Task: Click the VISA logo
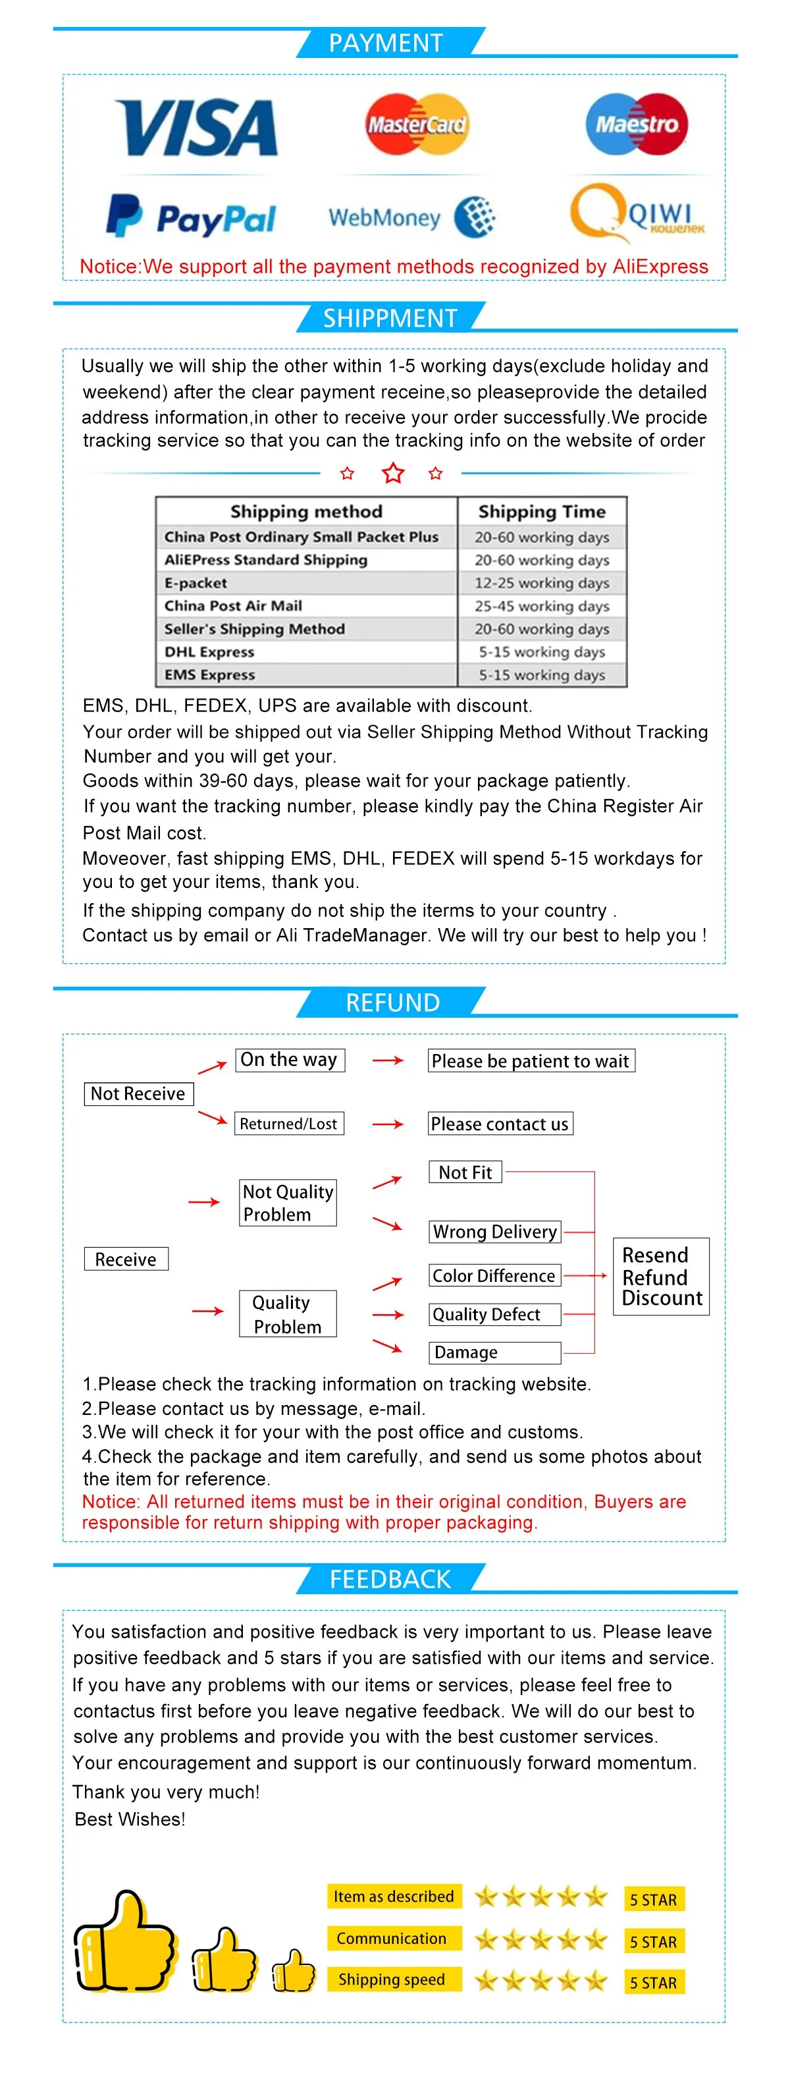tap(196, 127)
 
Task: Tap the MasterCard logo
tap(416, 124)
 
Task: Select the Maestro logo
tap(636, 124)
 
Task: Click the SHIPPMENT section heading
tap(390, 318)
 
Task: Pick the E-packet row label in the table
tap(196, 582)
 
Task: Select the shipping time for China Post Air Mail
tap(541, 606)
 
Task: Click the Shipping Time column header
tap(541, 511)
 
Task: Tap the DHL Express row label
tap(209, 651)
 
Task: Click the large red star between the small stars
tap(393, 473)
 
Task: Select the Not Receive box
tap(138, 1093)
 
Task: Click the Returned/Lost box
tap(288, 1124)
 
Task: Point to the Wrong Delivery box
tap(494, 1232)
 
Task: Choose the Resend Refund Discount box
tap(661, 1277)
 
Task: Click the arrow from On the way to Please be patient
tap(387, 1061)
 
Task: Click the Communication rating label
tap(393, 1938)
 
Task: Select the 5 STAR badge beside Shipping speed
tap(653, 1982)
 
